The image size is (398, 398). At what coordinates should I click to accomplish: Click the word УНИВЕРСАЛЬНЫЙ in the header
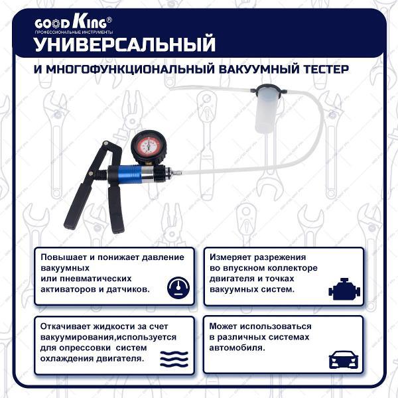click(x=125, y=44)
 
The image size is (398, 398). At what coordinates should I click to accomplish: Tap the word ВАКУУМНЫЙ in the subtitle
click(x=259, y=69)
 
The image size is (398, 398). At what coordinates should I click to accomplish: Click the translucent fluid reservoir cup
click(x=267, y=112)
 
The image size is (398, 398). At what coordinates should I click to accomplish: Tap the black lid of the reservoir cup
click(x=269, y=90)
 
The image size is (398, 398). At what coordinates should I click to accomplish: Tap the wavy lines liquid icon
click(x=174, y=359)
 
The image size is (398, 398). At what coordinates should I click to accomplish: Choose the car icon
click(x=344, y=360)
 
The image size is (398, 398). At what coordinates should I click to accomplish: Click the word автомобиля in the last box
click(x=237, y=348)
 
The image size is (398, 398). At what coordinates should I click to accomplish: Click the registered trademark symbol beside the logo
click(x=109, y=20)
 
